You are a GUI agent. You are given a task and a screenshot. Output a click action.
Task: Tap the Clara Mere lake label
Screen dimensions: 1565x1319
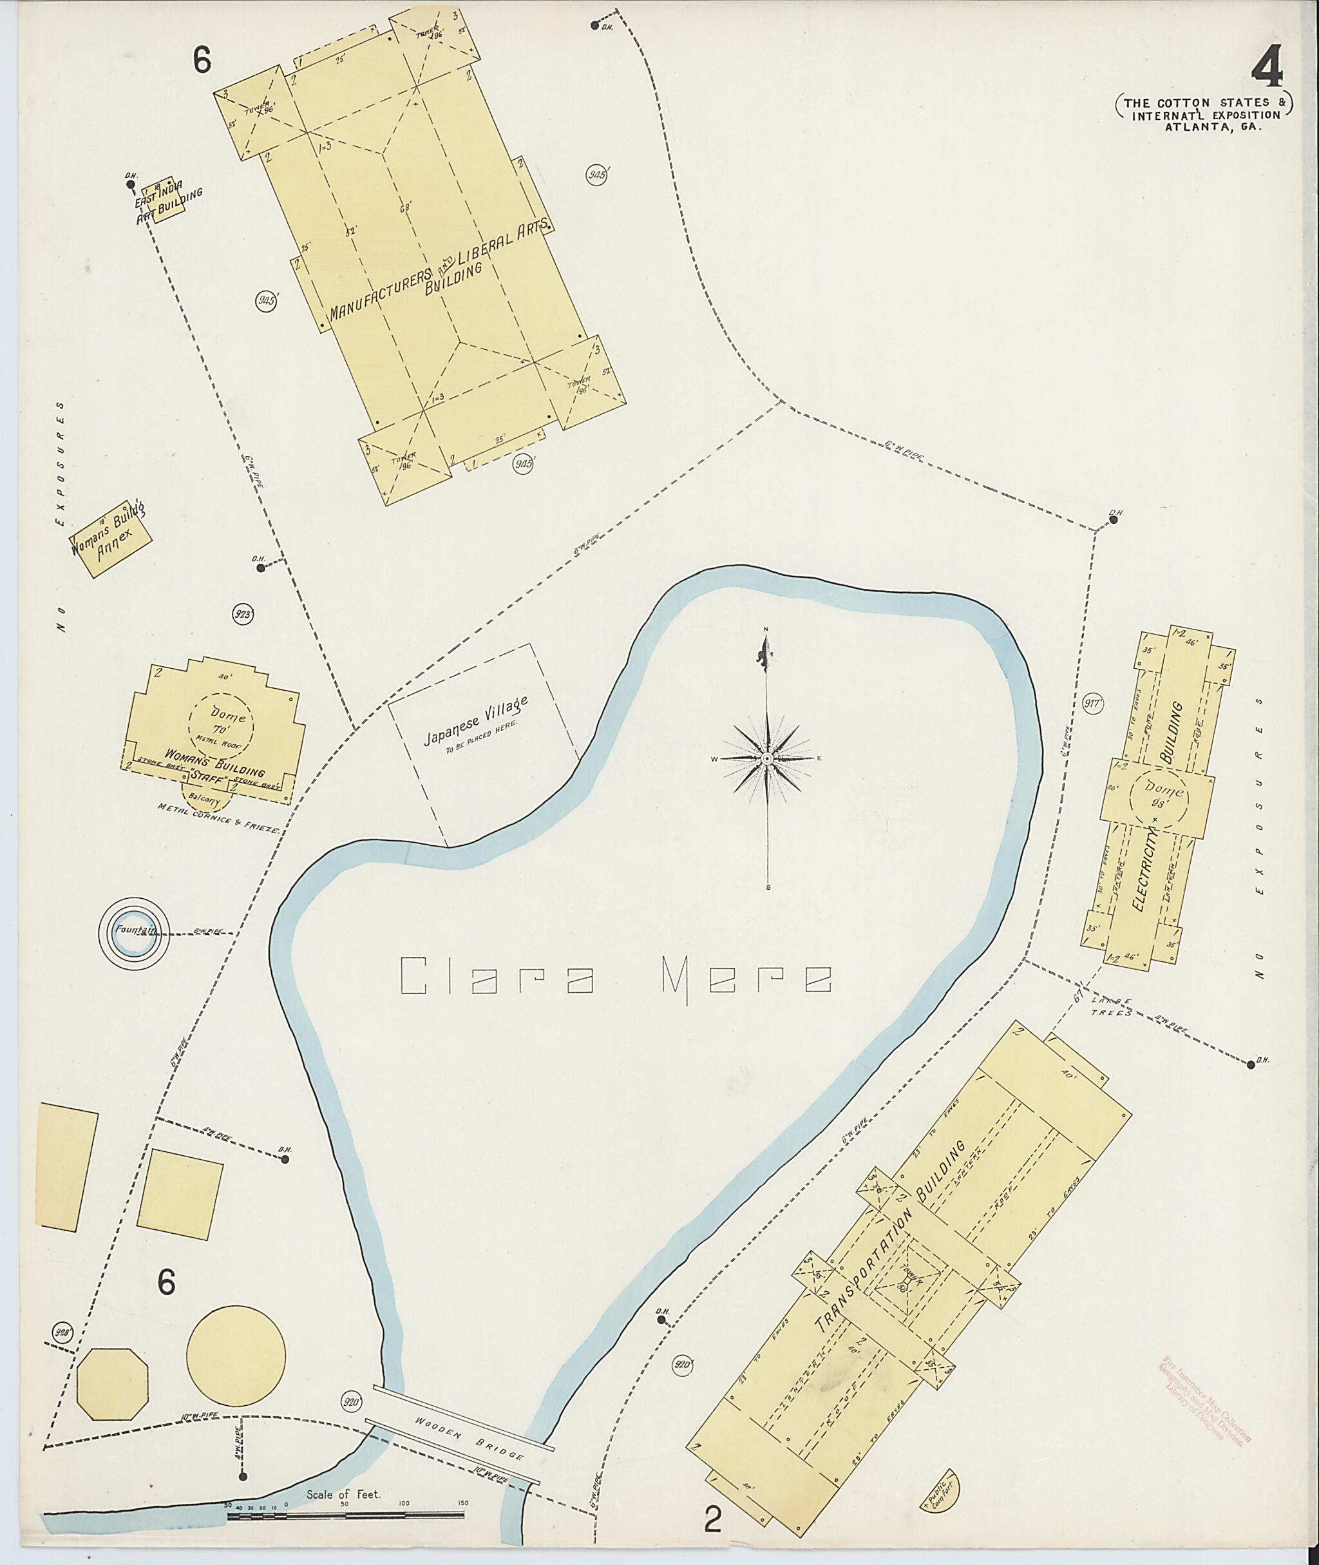(617, 976)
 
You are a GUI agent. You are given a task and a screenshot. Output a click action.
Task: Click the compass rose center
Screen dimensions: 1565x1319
(767, 758)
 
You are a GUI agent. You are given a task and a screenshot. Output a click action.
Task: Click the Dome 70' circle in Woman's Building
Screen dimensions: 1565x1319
(222, 723)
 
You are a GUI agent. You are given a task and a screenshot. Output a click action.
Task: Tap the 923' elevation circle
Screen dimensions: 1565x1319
(243, 615)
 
